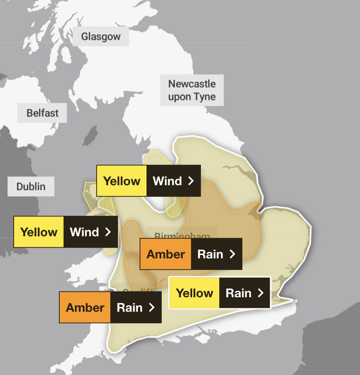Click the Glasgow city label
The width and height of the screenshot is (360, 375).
click(x=101, y=37)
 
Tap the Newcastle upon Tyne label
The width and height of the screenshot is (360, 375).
click(x=192, y=90)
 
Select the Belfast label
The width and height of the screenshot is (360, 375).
click(x=42, y=113)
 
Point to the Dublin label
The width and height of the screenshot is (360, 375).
click(x=31, y=186)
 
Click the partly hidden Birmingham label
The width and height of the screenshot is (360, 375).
click(x=182, y=235)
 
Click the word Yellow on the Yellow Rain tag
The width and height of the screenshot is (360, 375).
click(x=194, y=293)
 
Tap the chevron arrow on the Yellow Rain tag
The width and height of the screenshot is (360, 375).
click(x=261, y=293)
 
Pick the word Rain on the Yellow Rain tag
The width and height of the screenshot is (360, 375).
click(x=239, y=293)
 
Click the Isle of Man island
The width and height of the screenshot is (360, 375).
click(x=89, y=136)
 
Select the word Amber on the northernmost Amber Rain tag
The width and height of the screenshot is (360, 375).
click(x=165, y=254)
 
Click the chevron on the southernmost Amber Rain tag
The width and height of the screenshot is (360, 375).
click(x=151, y=307)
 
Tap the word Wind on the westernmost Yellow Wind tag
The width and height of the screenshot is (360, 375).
click(x=84, y=232)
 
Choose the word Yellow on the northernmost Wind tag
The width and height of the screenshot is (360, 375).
click(x=121, y=181)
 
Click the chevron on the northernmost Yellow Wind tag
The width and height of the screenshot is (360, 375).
click(x=191, y=181)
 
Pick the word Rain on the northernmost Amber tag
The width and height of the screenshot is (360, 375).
click(x=210, y=254)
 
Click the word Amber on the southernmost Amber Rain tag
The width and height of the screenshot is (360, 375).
click(x=85, y=307)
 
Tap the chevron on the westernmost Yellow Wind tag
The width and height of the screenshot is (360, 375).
click(x=108, y=232)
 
